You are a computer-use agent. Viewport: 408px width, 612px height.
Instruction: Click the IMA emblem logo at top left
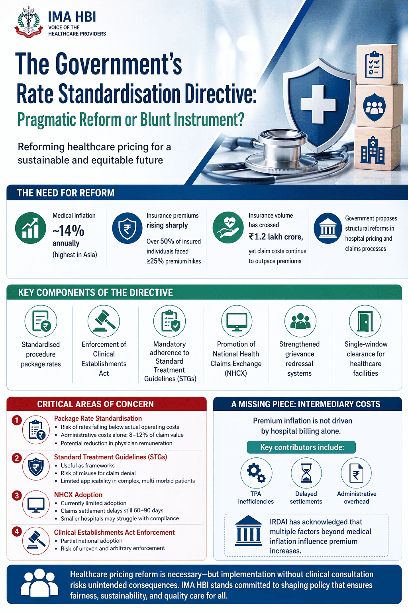click(29, 22)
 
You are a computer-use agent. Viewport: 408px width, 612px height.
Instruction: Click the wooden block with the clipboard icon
click(377, 65)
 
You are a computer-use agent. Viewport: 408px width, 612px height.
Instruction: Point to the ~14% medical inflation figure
click(68, 231)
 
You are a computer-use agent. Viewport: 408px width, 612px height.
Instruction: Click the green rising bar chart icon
click(30, 228)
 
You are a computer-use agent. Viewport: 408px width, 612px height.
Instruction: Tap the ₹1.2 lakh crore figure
click(276, 237)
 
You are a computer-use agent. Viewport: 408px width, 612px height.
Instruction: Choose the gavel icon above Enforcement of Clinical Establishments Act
click(104, 321)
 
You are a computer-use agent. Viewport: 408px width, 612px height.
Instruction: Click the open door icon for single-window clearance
click(365, 321)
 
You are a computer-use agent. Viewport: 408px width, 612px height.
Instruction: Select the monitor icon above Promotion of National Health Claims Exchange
click(237, 321)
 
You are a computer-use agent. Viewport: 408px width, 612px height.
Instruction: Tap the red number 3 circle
click(17, 496)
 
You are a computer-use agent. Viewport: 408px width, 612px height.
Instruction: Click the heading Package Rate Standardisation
click(98, 418)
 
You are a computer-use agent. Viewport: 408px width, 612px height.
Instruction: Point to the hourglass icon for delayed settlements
click(306, 473)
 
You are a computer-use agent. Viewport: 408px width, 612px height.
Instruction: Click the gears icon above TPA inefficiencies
click(256, 473)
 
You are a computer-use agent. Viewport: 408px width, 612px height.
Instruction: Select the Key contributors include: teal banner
click(301, 447)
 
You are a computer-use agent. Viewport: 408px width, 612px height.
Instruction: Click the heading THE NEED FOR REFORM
click(66, 193)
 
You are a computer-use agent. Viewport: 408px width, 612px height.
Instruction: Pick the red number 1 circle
click(17, 420)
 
